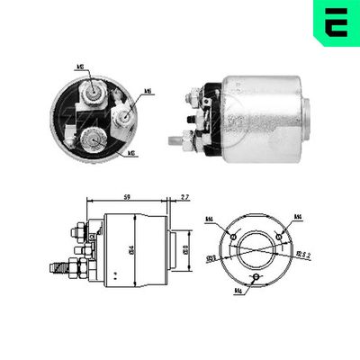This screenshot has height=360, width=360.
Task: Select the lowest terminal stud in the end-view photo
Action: [x=93, y=139]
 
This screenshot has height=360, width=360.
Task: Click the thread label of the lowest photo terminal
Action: [x=133, y=153]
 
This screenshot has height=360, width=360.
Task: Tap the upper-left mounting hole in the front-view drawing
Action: [x=234, y=237]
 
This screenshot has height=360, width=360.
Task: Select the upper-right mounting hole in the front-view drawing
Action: [x=281, y=237]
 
